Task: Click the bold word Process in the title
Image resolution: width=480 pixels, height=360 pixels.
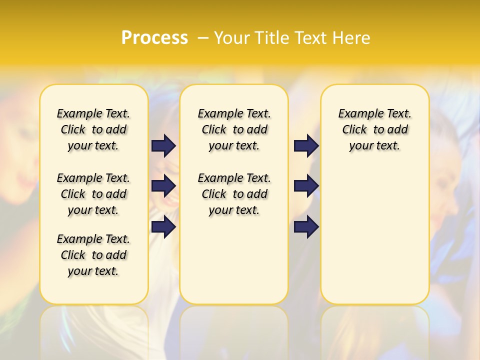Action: (x=154, y=38)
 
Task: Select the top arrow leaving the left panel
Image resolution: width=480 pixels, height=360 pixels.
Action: (x=163, y=145)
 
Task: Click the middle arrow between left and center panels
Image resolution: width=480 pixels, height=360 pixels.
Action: (x=163, y=186)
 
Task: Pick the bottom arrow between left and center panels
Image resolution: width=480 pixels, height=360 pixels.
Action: (x=163, y=227)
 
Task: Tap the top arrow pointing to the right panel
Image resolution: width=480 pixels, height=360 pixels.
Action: (x=306, y=145)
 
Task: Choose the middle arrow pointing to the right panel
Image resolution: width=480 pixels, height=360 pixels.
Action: (x=306, y=186)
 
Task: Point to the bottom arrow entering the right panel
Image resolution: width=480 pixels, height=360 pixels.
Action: (x=306, y=227)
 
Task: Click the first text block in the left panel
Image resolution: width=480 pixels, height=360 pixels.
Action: (x=93, y=129)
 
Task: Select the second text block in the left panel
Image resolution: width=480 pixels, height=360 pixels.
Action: (x=93, y=194)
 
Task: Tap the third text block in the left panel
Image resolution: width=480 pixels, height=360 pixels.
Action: (x=93, y=255)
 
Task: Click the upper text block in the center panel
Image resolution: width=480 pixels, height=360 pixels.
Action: (x=234, y=129)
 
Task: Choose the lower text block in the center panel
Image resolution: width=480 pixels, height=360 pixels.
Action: (x=234, y=194)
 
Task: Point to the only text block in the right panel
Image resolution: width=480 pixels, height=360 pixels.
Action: (x=374, y=129)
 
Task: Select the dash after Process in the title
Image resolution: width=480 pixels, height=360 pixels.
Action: (x=203, y=38)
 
